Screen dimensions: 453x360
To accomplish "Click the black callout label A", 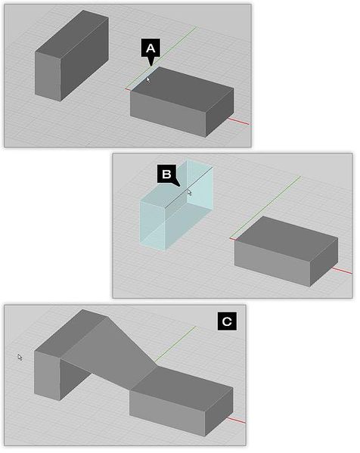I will pos(150,50).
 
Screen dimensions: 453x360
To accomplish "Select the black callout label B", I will pos(166,174).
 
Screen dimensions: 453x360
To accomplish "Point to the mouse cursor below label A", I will pos(149,79).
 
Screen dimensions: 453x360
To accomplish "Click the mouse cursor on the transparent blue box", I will pos(189,192).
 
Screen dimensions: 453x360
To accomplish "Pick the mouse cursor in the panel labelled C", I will pos(20,358).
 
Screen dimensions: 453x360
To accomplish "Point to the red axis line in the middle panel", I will pos(344,272).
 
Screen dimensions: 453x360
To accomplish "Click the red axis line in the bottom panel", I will pos(239,420).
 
